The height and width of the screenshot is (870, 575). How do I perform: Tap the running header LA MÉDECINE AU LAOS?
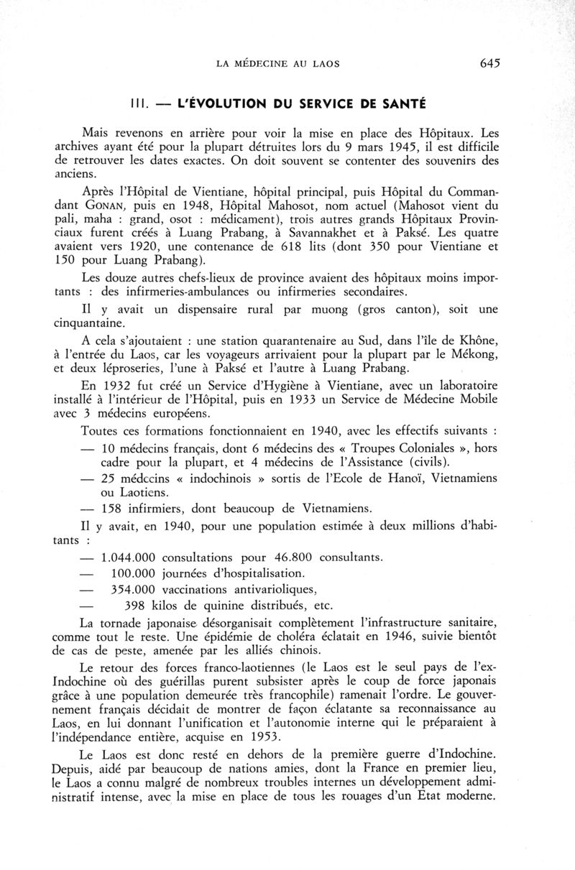(277, 64)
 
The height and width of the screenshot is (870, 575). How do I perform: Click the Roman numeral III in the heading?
(139, 103)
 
